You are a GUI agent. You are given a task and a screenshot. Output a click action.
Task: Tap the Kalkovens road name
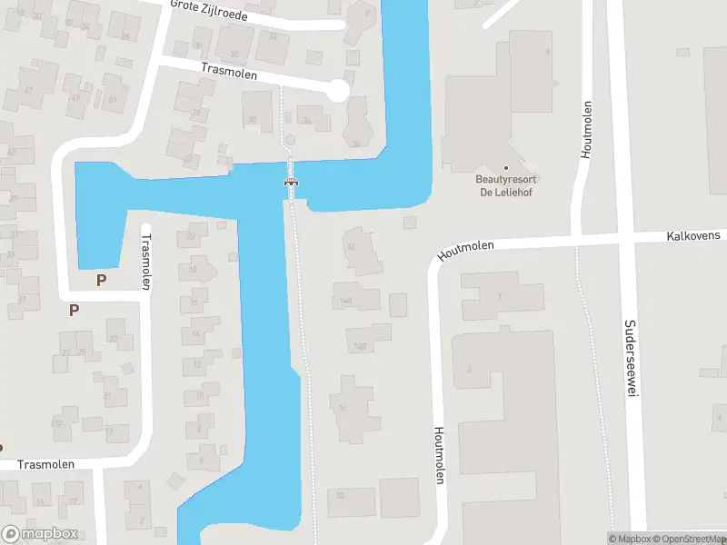pyautogui.click(x=693, y=235)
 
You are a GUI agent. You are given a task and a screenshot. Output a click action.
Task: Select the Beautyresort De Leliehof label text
pyautogui.click(x=506, y=184)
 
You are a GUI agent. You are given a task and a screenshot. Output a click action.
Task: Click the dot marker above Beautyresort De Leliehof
pyautogui.click(x=506, y=167)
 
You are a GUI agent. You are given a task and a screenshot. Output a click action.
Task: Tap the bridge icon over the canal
pyautogui.click(x=292, y=182)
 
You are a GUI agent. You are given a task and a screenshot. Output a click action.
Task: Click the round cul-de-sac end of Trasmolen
pyautogui.click(x=337, y=90)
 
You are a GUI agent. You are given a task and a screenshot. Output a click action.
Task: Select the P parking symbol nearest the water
pyautogui.click(x=101, y=280)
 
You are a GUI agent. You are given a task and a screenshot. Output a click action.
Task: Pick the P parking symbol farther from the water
pyautogui.click(x=74, y=310)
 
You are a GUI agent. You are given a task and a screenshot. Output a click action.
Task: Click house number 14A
pyautogui.click(x=345, y=301)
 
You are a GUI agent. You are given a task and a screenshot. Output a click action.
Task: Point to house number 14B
pyautogui.click(x=359, y=346)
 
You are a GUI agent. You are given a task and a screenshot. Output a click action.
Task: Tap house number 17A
pyautogui.click(x=56, y=422)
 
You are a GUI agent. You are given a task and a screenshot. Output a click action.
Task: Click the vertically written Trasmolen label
pyautogui.click(x=145, y=263)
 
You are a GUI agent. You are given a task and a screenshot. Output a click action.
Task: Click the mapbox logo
pyautogui.click(x=39, y=534)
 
